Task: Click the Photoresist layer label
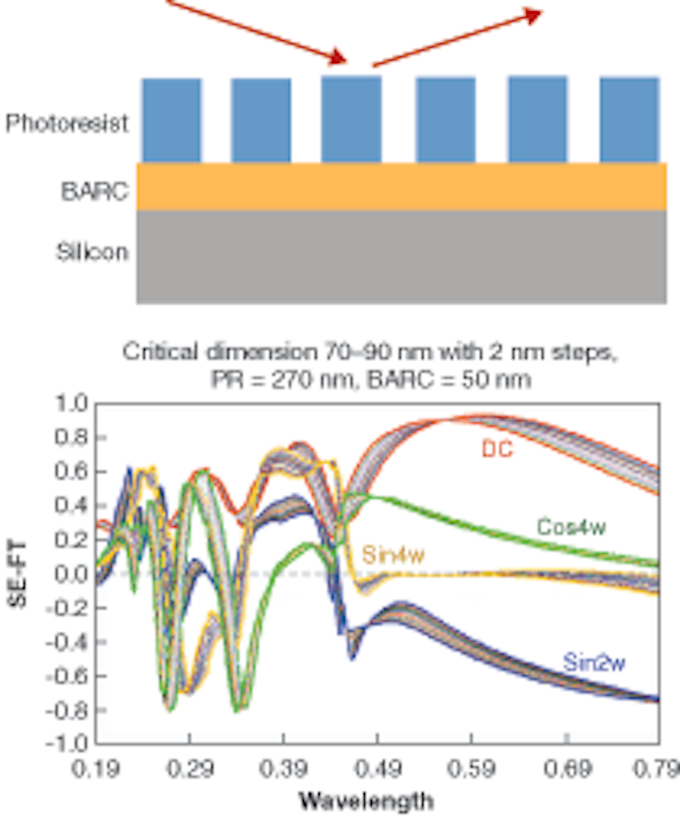(67, 123)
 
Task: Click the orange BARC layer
(401, 186)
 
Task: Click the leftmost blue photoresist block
(172, 120)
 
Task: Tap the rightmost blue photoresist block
(629, 120)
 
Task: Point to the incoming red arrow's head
(339, 58)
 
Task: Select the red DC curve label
(496, 450)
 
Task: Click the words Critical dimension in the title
(225, 351)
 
